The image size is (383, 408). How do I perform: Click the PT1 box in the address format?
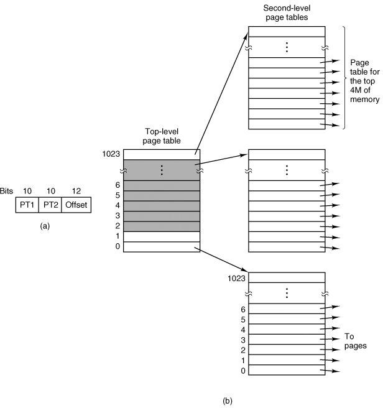click(27, 204)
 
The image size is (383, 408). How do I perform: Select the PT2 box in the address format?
click(49, 204)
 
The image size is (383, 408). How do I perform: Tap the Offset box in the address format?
click(75, 204)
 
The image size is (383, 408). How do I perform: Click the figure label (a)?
click(44, 226)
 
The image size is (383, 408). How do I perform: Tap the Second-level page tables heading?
click(287, 12)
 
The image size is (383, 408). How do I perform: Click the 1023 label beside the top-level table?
click(112, 153)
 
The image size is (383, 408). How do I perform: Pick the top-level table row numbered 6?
click(161, 185)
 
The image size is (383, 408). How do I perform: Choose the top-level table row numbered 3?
click(161, 216)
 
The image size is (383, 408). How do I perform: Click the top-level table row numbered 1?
click(161, 236)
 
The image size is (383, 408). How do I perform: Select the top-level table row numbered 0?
click(161, 247)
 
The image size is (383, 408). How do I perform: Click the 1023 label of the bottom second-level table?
click(237, 277)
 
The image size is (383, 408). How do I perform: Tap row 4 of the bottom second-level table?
click(286, 329)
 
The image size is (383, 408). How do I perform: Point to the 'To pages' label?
click(354, 341)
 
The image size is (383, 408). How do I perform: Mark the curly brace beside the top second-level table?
click(344, 77)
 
